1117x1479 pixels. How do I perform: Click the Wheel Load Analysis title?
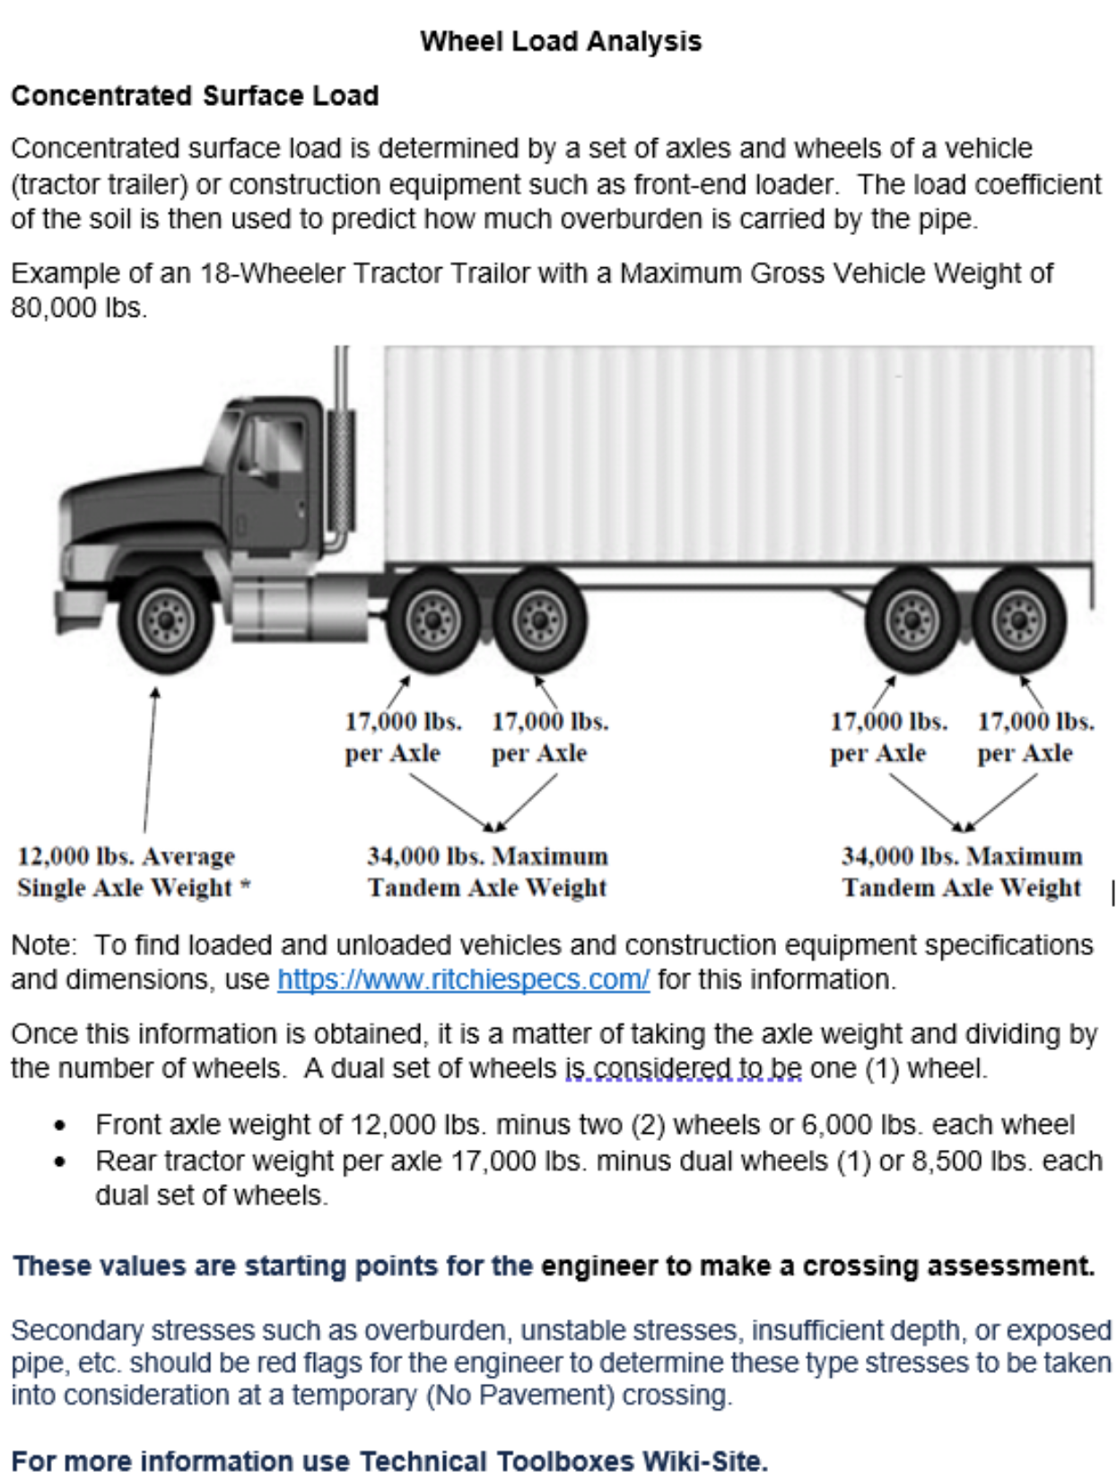561,41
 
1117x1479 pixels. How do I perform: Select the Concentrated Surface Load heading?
195,96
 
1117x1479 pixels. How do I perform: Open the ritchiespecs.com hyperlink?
463,979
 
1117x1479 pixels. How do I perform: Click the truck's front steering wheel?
167,620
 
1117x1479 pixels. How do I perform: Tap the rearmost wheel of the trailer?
1017,620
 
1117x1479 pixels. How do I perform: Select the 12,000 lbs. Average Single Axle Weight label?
133,872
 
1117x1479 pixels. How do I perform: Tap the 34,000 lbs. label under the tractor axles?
487,872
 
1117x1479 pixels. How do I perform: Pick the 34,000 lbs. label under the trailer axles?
961,872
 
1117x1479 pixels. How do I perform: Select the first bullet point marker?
60,1126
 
